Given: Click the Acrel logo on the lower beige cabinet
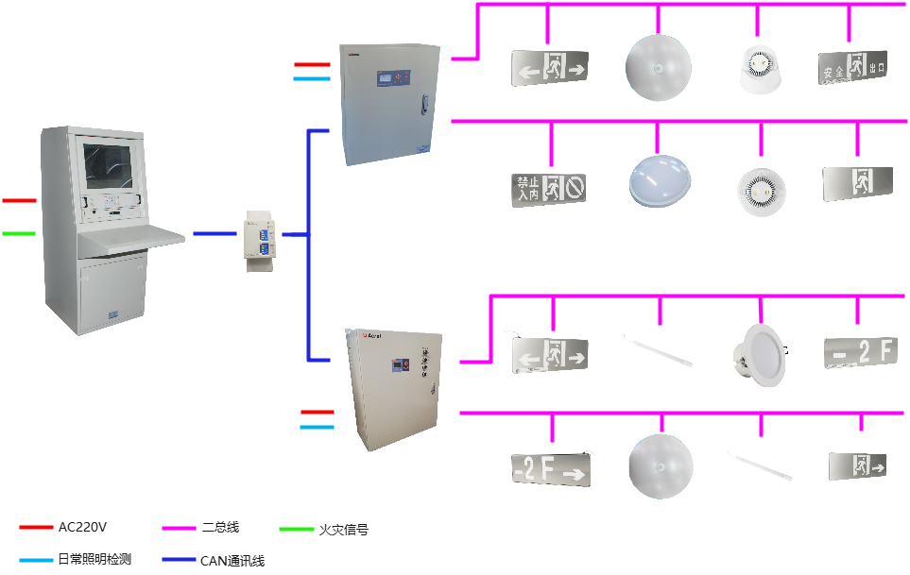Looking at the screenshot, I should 370,333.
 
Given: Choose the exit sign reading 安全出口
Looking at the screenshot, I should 851,67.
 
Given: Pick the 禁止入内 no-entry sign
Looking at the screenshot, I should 549,189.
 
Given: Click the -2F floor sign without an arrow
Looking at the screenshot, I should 857,356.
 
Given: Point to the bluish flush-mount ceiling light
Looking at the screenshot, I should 661,180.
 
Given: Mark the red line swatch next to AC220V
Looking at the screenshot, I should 36,527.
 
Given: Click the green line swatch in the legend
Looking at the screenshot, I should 297,529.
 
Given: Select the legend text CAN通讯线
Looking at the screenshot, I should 232,561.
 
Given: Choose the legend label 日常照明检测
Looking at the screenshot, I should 94,560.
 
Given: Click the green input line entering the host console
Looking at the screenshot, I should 18,233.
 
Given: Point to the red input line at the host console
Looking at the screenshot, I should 18,200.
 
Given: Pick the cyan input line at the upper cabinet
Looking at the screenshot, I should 312,79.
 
